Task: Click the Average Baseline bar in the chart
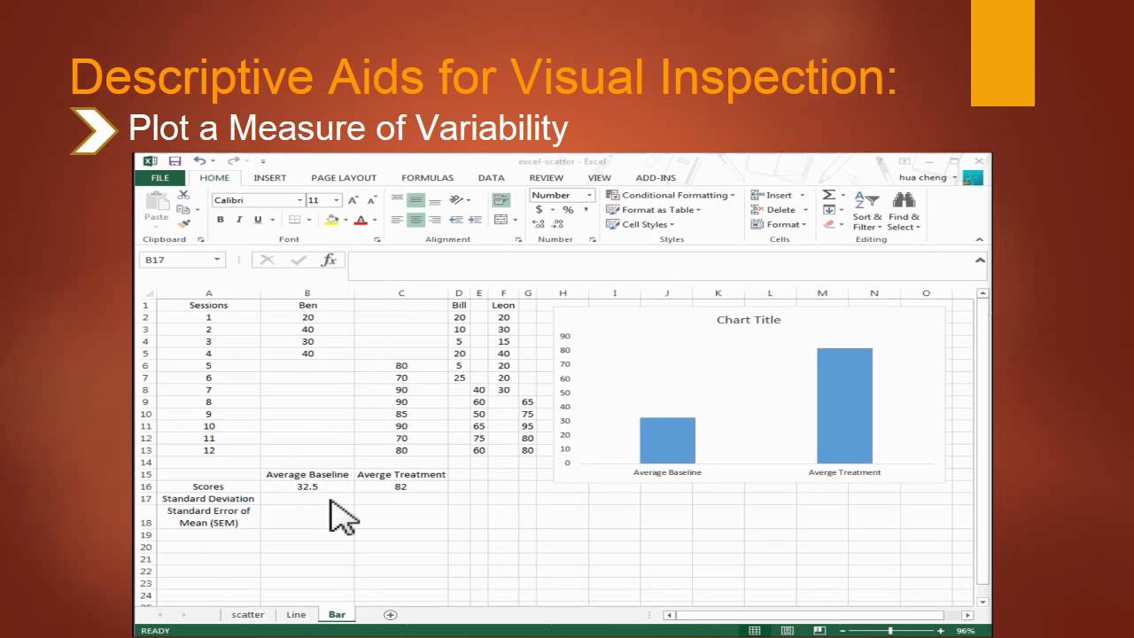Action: pyautogui.click(x=667, y=440)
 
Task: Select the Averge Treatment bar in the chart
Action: pyautogui.click(x=844, y=406)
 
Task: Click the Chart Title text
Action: pyautogui.click(x=749, y=320)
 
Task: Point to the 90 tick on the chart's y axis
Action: pyautogui.click(x=565, y=336)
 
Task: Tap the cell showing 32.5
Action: pyautogui.click(x=307, y=486)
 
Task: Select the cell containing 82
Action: pyautogui.click(x=400, y=486)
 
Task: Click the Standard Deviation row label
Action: pyautogui.click(x=208, y=499)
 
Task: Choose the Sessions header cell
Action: pyautogui.click(x=208, y=305)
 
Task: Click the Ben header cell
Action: pyautogui.click(x=307, y=305)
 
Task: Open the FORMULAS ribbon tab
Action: pyautogui.click(x=427, y=177)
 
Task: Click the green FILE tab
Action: pyautogui.click(x=160, y=177)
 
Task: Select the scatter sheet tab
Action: pyautogui.click(x=248, y=614)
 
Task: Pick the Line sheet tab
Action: pyautogui.click(x=296, y=614)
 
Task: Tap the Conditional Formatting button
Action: pyautogui.click(x=670, y=195)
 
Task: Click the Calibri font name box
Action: pyautogui.click(x=257, y=200)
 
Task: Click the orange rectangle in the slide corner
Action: pyautogui.click(x=1002, y=53)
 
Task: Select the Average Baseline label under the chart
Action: pyautogui.click(x=667, y=472)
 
